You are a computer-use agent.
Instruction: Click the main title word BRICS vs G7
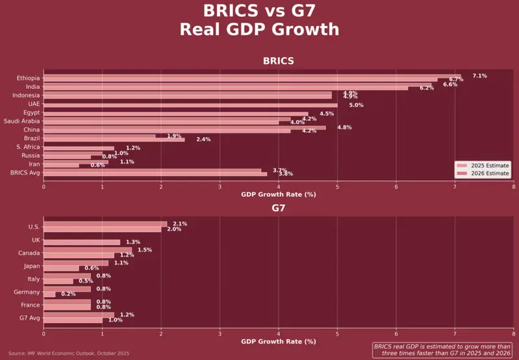tap(259, 11)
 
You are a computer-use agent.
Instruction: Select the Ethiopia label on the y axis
tap(28, 78)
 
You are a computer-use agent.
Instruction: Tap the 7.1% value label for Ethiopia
tap(479, 76)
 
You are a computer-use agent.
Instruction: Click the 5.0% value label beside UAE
tap(356, 105)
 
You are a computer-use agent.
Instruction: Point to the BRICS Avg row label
tap(25, 172)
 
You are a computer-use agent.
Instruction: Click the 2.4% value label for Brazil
tap(203, 139)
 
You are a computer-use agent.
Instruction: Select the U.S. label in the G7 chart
tap(34, 227)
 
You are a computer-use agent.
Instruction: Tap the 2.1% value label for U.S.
tap(180, 224)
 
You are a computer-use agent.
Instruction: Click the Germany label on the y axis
tap(27, 292)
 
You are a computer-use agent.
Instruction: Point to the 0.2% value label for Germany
tap(68, 294)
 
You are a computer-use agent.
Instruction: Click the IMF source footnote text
tap(68, 353)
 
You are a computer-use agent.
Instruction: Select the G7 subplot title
tap(278, 209)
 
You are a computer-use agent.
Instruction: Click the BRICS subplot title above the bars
tap(278, 61)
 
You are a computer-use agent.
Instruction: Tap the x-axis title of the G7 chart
tap(278, 341)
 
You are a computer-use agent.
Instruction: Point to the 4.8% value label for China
tap(344, 127)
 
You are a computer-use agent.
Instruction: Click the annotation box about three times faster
tap(442, 350)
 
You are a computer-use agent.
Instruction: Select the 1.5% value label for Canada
tap(145, 250)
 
